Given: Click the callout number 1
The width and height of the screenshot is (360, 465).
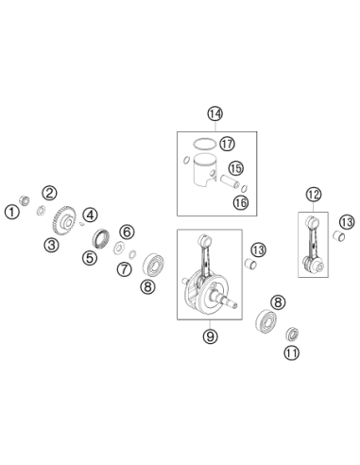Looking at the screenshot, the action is (x=12, y=212).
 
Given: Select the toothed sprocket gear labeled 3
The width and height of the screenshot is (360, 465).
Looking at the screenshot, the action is (x=64, y=220).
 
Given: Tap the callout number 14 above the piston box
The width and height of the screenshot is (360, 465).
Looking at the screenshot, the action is (x=215, y=113).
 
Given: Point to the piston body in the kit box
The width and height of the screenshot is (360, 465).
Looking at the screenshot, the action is (x=204, y=170).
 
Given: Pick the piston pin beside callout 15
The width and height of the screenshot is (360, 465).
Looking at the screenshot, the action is (x=231, y=182).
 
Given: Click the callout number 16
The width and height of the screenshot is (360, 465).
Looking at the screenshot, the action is (x=241, y=202).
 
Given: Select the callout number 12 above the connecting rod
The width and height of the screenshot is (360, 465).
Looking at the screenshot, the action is (x=314, y=195).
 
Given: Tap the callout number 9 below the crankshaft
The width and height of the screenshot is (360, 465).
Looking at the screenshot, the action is (x=210, y=336).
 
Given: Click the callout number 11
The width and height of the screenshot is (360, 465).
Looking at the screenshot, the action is (x=291, y=353).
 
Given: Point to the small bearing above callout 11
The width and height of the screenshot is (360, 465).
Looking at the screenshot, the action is (x=292, y=334).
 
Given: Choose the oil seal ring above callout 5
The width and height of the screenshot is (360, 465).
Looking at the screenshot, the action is (x=101, y=238).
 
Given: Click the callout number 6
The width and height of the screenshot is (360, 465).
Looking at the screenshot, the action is (x=127, y=232).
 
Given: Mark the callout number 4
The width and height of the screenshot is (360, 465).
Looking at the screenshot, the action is (x=91, y=215).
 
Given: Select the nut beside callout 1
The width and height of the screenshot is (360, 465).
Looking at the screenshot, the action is (x=25, y=200).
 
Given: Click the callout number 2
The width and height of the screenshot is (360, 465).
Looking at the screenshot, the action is (x=49, y=193).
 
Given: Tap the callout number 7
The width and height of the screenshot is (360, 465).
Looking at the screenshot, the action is (x=125, y=269).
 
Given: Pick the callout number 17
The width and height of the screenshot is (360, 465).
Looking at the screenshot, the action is (x=227, y=144).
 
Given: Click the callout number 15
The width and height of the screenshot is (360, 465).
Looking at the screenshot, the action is (x=236, y=168).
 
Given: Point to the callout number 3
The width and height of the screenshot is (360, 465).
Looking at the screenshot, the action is (x=51, y=245).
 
